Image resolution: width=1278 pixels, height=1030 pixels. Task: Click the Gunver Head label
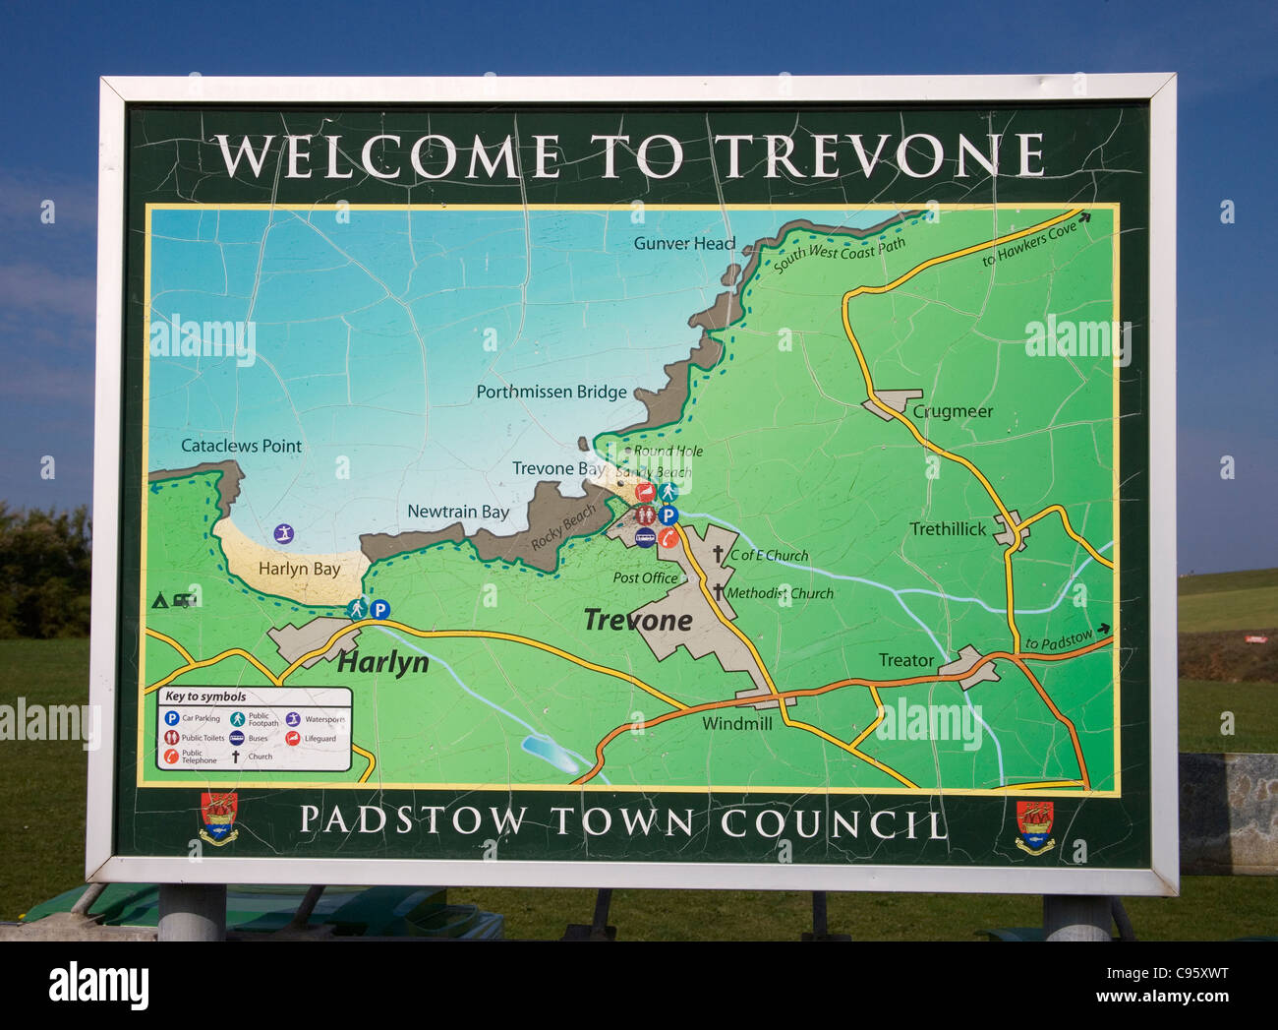coord(684,243)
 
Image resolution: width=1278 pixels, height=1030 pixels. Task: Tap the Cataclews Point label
coord(241,446)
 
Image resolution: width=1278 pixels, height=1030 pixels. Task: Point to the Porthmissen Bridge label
coord(552,392)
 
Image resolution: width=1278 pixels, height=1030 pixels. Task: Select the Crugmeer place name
coord(953,411)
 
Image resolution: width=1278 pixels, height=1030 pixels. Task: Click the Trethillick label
coord(948,529)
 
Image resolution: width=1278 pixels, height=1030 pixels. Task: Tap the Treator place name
coord(906,660)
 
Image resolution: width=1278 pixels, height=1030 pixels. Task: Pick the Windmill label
coord(737,723)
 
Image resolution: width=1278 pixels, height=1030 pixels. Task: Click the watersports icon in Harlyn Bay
coord(284,534)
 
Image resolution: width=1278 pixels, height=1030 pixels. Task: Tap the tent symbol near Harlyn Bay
coord(160,599)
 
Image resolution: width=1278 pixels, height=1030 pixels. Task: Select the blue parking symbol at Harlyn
coord(379,610)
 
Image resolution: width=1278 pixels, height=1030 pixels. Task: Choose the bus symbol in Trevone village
coord(645,536)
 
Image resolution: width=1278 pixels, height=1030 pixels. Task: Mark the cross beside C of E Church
coord(719,555)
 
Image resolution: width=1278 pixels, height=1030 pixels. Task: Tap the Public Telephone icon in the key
coord(171,757)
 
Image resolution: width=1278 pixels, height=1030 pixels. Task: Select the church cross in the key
coord(236,757)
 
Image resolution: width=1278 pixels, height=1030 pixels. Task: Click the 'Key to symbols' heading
coord(205,697)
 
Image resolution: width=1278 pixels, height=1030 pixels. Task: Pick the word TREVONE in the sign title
coord(879,155)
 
